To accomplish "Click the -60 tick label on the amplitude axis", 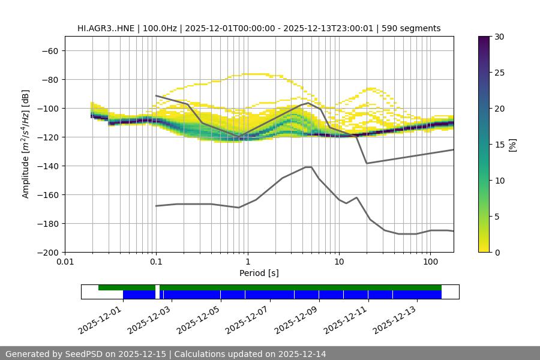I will pyautogui.click(x=49, y=50).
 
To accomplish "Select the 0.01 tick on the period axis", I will pyautogui.click(x=65, y=262).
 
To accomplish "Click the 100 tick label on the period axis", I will pyautogui.click(x=430, y=262).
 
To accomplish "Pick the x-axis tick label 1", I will pyautogui.click(x=247, y=262).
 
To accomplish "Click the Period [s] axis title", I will pyautogui.click(x=259, y=273).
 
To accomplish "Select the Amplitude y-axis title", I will pyautogui.click(x=26, y=144).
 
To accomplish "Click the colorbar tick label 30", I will pyautogui.click(x=500, y=37).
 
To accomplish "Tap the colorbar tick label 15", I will pyautogui.click(x=500, y=145).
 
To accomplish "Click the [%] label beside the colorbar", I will pyautogui.click(x=512, y=144).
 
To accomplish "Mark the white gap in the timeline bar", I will pyautogui.click(x=157, y=292).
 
